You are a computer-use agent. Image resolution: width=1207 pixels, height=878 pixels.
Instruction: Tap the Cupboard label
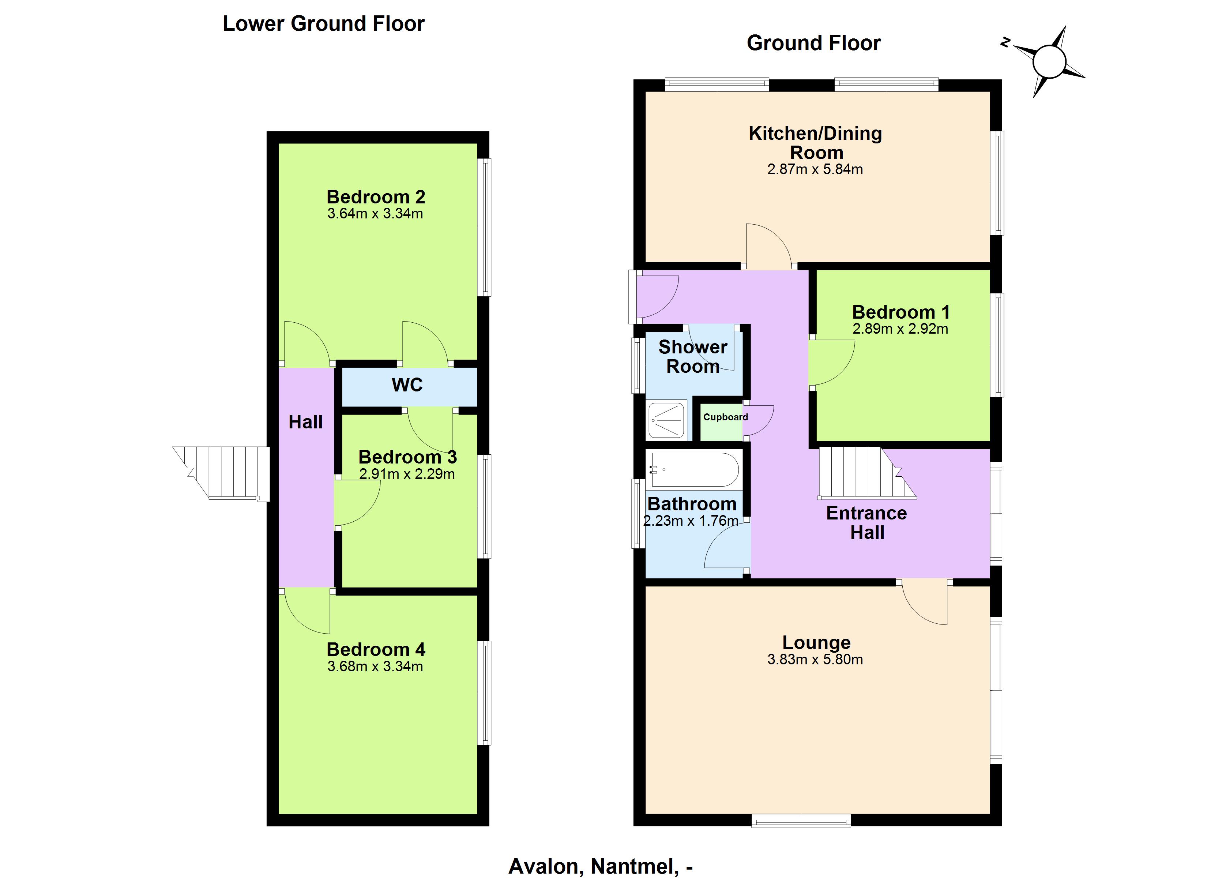[725, 417]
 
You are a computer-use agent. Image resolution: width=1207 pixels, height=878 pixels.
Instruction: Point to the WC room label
[407, 384]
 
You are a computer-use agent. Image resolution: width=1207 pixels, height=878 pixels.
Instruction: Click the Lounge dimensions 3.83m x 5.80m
[815, 659]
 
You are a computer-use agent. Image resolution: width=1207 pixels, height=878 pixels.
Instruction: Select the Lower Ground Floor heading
[324, 23]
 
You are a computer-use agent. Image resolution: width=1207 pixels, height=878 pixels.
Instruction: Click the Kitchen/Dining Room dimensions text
[815, 169]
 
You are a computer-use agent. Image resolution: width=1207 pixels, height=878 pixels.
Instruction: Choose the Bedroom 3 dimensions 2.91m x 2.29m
[407, 474]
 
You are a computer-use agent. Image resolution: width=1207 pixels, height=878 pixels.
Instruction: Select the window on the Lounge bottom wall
[801, 821]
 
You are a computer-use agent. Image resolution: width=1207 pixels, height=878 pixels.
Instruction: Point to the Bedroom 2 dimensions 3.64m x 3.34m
[375, 214]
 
